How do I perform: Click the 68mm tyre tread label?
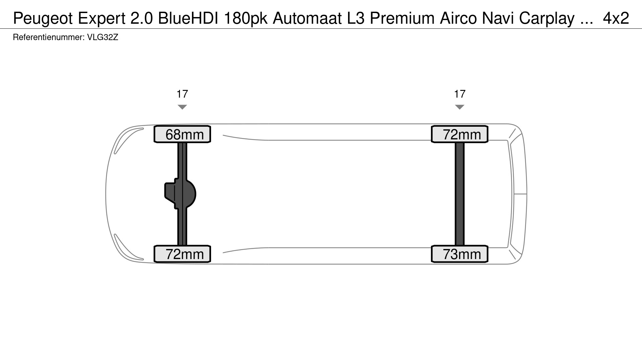[182, 134]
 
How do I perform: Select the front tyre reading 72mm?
[182, 254]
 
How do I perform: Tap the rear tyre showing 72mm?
[460, 134]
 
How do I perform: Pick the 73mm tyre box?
[460, 254]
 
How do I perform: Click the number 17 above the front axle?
[182, 94]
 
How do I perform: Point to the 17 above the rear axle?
[460, 94]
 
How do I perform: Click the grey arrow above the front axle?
[182, 107]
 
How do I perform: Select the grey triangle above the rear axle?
[460, 107]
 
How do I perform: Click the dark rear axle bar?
[460, 194]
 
